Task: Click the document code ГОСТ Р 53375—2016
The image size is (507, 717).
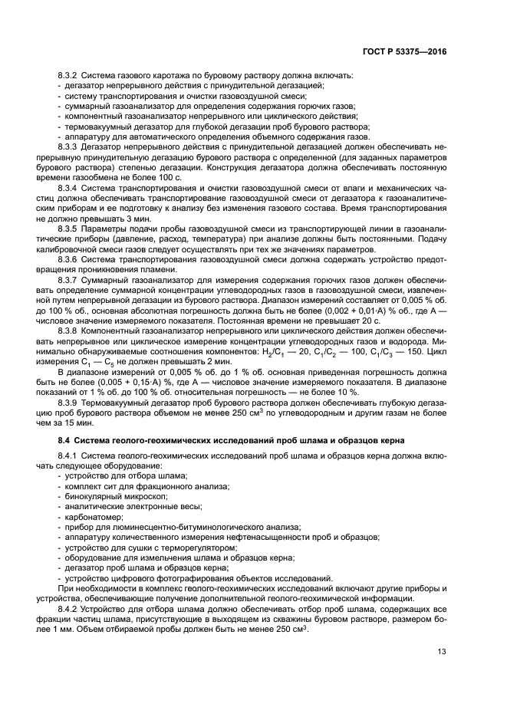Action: coord(406,51)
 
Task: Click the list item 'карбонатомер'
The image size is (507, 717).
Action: coord(88,518)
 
